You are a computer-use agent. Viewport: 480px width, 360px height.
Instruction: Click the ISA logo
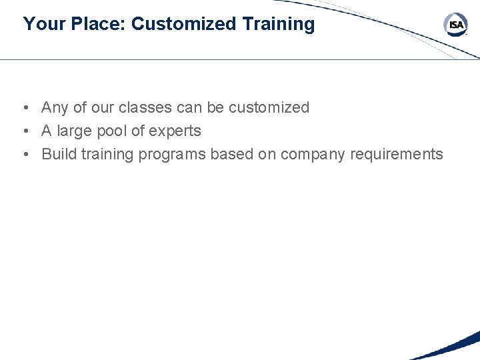point(456,25)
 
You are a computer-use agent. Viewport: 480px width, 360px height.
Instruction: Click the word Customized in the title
point(184,24)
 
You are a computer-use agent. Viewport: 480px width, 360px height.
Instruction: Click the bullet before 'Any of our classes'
point(24,108)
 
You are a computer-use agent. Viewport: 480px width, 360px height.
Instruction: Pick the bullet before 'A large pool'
point(24,131)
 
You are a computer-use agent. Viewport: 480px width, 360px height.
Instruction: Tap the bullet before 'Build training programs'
point(24,155)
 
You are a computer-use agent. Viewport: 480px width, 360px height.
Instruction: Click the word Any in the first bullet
point(55,107)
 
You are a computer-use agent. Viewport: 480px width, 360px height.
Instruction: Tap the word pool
point(112,131)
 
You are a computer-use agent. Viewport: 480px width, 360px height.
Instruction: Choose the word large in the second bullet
point(75,131)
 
